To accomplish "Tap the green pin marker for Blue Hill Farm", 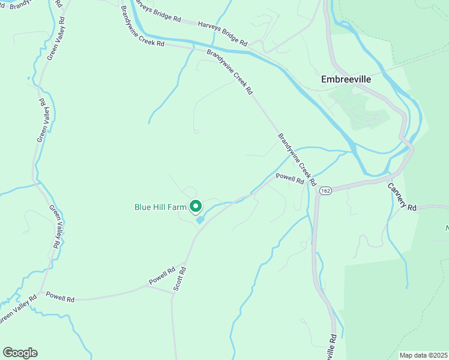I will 196,206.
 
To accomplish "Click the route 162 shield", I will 325,190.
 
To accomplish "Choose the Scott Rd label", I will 179,279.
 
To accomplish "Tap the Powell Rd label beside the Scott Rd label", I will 162,276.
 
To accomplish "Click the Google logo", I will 20,353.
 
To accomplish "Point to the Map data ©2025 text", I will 423,355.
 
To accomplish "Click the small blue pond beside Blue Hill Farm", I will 200,220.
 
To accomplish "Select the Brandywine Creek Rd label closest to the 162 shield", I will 297,159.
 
